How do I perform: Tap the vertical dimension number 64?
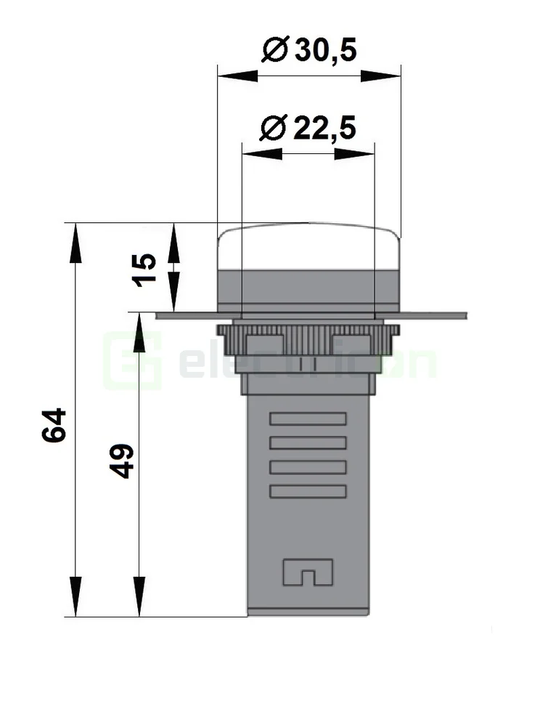pyautogui.click(x=54, y=425)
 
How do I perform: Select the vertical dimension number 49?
pyautogui.click(x=123, y=461)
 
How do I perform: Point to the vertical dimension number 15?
pyautogui.click(x=145, y=269)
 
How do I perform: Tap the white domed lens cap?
pyautogui.click(x=308, y=247)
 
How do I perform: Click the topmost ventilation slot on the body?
pyautogui.click(x=308, y=418)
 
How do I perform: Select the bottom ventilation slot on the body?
pyautogui.click(x=308, y=491)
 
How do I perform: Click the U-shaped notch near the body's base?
pyautogui.click(x=308, y=572)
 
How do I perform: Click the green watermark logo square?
pyautogui.click(x=131, y=361)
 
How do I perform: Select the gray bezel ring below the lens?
pyautogui.click(x=308, y=286)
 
